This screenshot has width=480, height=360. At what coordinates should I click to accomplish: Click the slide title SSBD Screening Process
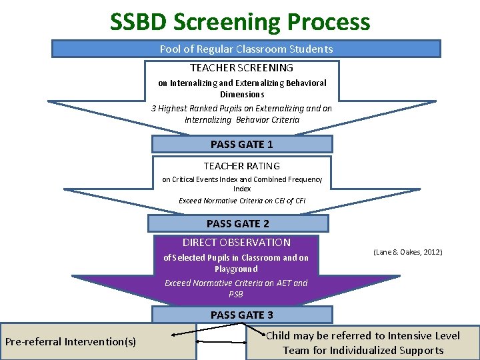pyautogui.click(x=240, y=21)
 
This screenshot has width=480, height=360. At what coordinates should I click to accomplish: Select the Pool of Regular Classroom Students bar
pyautogui.click(x=246, y=49)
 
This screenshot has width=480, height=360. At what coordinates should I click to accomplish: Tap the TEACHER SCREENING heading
pyautogui.click(x=241, y=68)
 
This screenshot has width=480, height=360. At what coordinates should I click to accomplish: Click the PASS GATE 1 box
pyautogui.click(x=241, y=144)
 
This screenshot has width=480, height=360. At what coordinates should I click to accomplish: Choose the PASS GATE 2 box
pyautogui.click(x=238, y=223)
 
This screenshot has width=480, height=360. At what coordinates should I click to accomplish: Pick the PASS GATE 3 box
pyautogui.click(x=241, y=315)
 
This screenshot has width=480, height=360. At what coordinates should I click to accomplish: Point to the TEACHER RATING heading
pyautogui.click(x=241, y=166)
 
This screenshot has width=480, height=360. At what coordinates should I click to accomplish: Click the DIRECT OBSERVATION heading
pyautogui.click(x=237, y=243)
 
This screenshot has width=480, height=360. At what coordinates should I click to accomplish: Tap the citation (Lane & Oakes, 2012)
pyautogui.click(x=408, y=252)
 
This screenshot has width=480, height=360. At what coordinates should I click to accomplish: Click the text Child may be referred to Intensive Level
pyautogui.click(x=363, y=336)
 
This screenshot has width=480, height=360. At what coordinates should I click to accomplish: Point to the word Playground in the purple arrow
pyautogui.click(x=236, y=269)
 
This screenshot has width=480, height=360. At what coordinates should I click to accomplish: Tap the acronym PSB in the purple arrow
pyautogui.click(x=236, y=294)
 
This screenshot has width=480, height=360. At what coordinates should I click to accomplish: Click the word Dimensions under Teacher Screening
pyautogui.click(x=242, y=95)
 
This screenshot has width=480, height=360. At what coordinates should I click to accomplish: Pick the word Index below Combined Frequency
pyautogui.click(x=242, y=189)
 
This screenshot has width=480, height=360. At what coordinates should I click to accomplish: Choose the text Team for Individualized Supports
pyautogui.click(x=363, y=351)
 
